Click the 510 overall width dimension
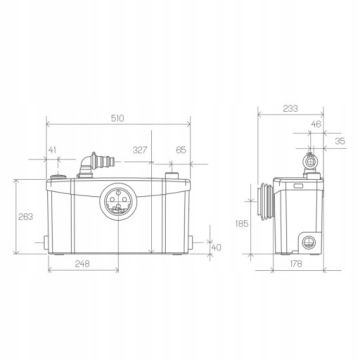tap(117, 118)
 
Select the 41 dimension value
tap(52, 150)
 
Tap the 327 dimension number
tap(140, 150)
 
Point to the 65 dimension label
tap(181, 150)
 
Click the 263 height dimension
tap(26, 217)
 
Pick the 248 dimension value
tap(82, 264)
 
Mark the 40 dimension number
tap(216, 248)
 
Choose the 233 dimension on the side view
tap(290, 109)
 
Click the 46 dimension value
tap(316, 124)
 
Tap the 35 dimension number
tap(340, 141)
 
